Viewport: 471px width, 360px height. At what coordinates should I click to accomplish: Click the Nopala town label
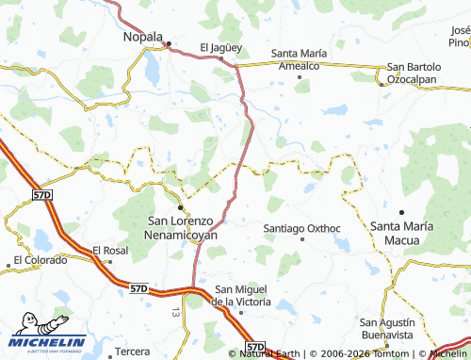[144, 37]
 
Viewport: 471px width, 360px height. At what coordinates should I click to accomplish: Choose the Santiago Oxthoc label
[300, 227]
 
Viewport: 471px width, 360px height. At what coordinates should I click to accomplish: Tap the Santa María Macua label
[402, 232]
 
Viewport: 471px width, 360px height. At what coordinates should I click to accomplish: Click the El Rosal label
[109, 251]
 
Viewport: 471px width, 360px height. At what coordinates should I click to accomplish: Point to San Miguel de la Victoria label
[243, 295]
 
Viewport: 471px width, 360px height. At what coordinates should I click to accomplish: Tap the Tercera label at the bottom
[132, 352]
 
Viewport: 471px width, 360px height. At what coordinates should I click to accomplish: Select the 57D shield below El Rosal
[138, 286]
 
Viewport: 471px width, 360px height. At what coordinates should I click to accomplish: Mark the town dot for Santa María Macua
[402, 212]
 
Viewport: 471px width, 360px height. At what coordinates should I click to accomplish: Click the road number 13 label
[176, 310]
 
